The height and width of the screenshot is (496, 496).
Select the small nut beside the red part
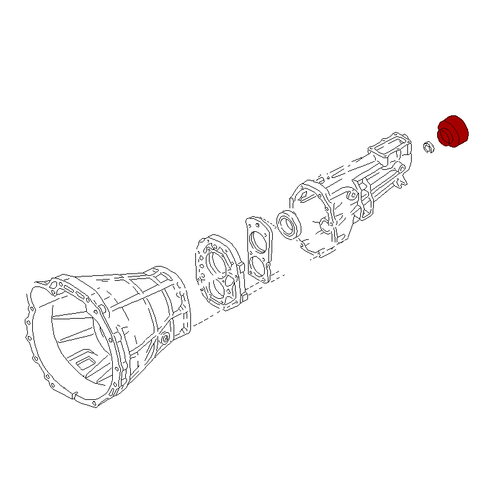click(x=427, y=148)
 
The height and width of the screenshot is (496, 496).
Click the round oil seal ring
click(x=288, y=224)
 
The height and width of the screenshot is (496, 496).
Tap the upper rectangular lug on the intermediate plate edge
click(x=239, y=267)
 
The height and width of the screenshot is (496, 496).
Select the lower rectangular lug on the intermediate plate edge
click(x=244, y=300)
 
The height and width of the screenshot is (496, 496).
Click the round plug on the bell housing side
click(x=164, y=339)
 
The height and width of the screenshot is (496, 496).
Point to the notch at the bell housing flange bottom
click(x=74, y=394)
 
